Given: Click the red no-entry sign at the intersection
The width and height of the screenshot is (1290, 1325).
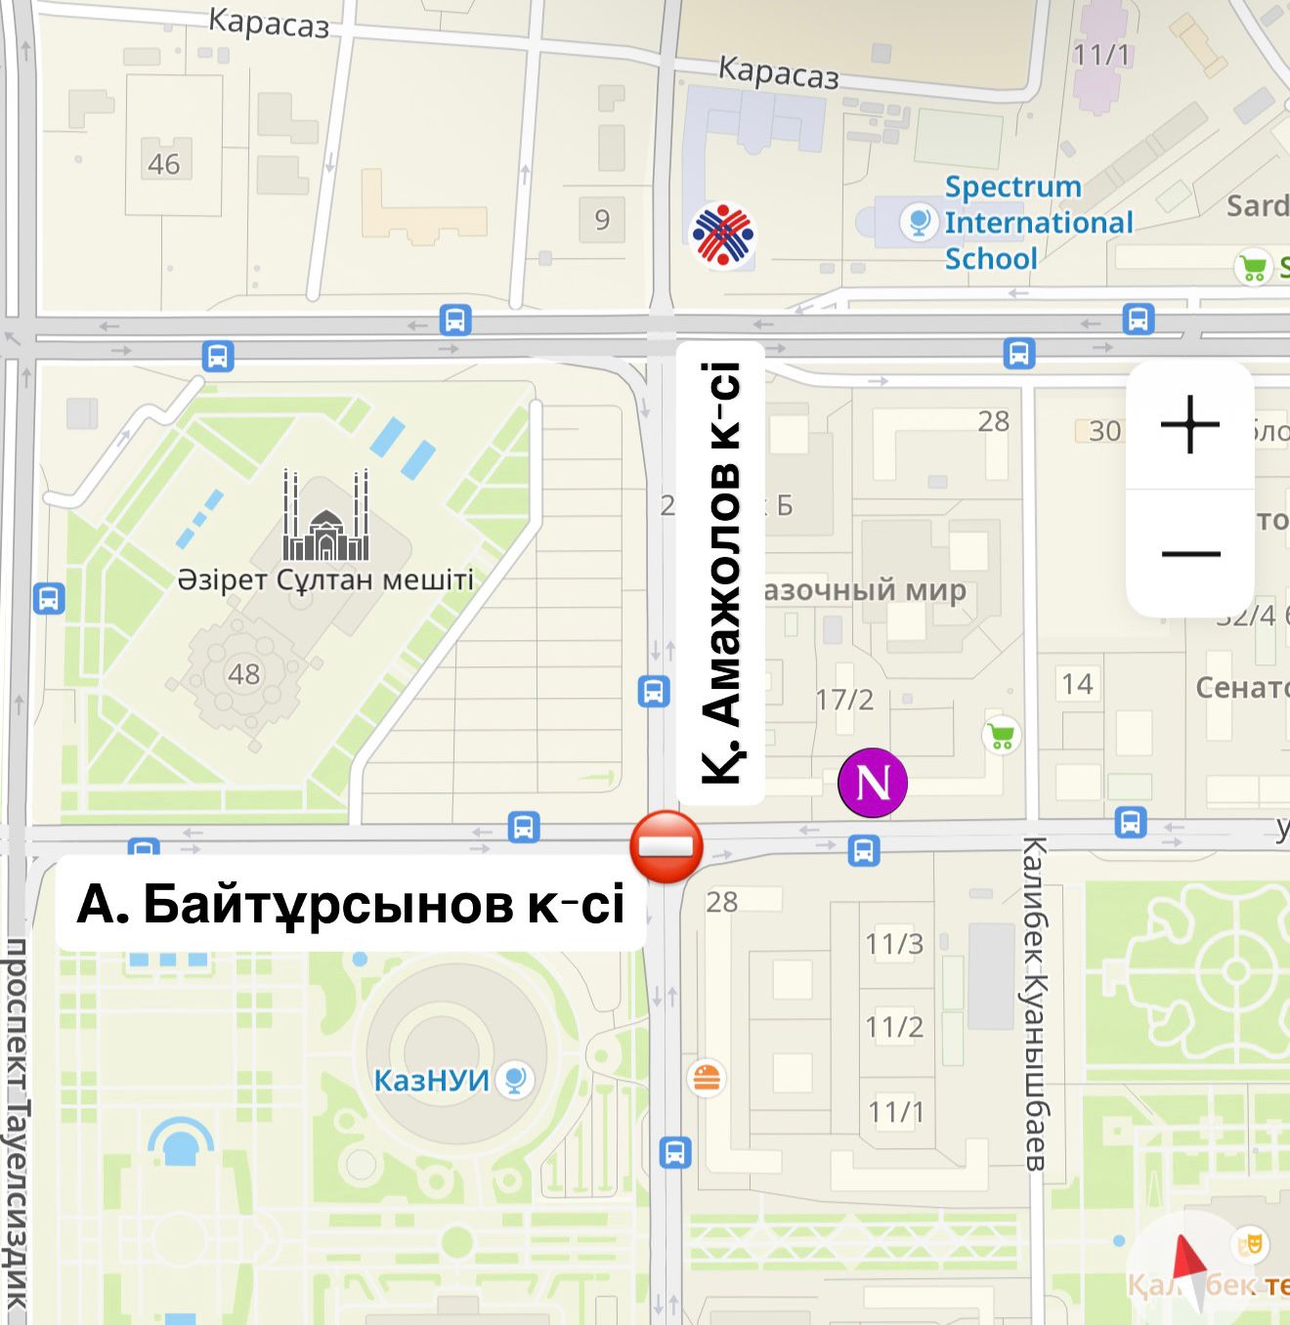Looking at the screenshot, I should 666,847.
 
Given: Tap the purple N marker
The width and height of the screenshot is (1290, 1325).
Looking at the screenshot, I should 873,783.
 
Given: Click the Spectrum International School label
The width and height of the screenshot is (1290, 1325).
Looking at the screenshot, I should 1038,223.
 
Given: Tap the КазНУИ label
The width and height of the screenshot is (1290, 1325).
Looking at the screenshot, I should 431,1081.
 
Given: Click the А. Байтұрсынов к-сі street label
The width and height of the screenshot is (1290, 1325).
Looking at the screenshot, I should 351,904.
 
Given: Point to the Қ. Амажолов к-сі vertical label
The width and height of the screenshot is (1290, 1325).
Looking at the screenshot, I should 721,574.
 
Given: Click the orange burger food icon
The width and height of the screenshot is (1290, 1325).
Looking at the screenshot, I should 706,1078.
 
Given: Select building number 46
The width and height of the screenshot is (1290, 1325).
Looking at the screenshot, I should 163,164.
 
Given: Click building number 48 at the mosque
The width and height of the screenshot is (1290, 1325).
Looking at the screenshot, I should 243,674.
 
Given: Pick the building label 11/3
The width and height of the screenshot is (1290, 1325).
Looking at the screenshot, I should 894,944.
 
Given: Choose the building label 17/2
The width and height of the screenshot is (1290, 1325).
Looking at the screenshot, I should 844,700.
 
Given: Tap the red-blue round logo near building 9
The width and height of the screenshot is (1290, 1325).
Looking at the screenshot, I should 722,235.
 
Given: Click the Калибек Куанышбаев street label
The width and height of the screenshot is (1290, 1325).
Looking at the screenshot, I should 1036,1003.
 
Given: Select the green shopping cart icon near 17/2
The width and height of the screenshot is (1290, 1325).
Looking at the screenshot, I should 1002,735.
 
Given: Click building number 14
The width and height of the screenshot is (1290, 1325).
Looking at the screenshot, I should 1077,684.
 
